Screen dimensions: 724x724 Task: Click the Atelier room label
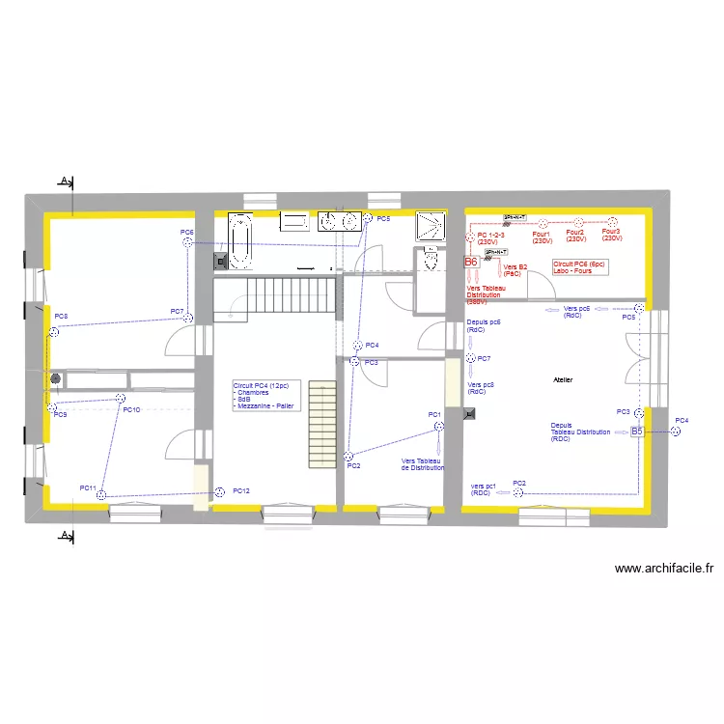tap(563, 380)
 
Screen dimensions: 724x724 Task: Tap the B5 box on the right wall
tap(636, 432)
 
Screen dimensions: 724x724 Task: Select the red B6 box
tap(471, 262)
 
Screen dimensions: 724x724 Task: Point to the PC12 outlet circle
tap(220, 491)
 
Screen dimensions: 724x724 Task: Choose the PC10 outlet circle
tap(121, 398)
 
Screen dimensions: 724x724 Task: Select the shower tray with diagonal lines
tap(431, 226)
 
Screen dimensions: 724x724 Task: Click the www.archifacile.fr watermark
tap(663, 570)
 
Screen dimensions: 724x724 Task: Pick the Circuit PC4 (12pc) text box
tap(267, 396)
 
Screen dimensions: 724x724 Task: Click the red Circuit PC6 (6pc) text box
tap(579, 266)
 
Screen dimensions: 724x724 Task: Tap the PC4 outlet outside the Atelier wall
tap(677, 432)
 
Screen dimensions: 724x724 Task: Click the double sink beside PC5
tap(339, 221)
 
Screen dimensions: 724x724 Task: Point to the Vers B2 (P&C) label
tap(515, 269)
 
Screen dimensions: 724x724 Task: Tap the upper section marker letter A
tap(64, 181)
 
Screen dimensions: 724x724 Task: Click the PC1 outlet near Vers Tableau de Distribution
tap(437, 424)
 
